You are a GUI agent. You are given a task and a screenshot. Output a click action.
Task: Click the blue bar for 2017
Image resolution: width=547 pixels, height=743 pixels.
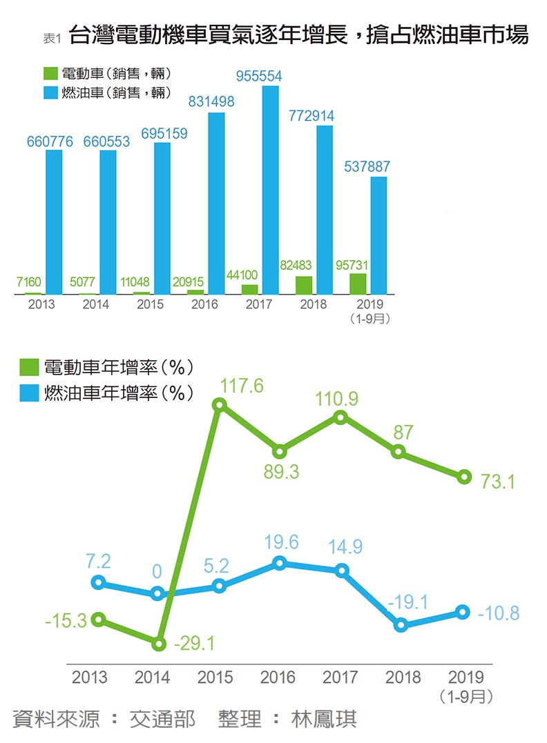pos(271,190)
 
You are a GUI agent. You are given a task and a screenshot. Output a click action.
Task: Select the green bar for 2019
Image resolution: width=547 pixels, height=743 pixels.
pos(358,284)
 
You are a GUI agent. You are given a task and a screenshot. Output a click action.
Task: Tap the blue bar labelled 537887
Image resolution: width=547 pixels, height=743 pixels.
pos(378,235)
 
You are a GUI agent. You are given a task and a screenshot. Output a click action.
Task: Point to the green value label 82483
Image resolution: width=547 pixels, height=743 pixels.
pos(298,265)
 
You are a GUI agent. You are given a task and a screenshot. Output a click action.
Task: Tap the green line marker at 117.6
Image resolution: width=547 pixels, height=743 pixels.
pos(220,405)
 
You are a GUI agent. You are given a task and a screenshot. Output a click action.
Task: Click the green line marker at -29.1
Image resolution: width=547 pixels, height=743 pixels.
pos(158,644)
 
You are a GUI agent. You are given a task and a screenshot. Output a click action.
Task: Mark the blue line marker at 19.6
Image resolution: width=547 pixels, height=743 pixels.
pos(280,563)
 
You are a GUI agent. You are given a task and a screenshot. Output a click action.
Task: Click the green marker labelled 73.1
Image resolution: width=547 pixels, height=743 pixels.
pos(464,476)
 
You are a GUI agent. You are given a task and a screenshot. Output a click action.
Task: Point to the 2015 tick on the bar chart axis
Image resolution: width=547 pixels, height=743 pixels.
pos(151,304)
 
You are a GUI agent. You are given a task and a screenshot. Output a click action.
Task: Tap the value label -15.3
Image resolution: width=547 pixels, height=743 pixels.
pos(66,621)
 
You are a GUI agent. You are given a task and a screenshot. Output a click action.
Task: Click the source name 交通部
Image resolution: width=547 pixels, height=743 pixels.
pos(163,720)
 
